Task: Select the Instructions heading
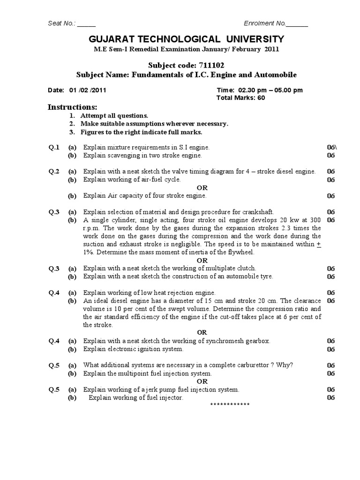pyautogui.click(x=72, y=107)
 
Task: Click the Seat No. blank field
pyautogui.click(x=86, y=24)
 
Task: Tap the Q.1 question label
pyautogui.click(x=54, y=147)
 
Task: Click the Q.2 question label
pyautogui.click(x=54, y=172)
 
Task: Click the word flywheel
pyautogui.click(x=241, y=252)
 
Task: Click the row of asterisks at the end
pyautogui.click(x=230, y=405)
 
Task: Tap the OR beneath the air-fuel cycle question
pyautogui.click(x=202, y=187)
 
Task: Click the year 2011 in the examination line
pyautogui.click(x=271, y=49)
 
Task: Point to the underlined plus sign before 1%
pyautogui.click(x=319, y=244)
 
